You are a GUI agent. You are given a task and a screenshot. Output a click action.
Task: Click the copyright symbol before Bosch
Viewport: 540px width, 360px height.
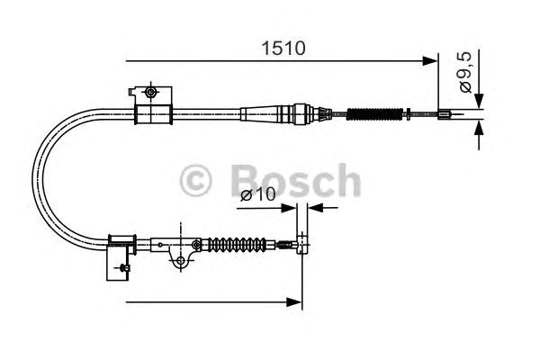click(195, 180)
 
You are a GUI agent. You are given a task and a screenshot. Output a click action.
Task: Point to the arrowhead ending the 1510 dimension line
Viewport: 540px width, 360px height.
click(430, 61)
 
